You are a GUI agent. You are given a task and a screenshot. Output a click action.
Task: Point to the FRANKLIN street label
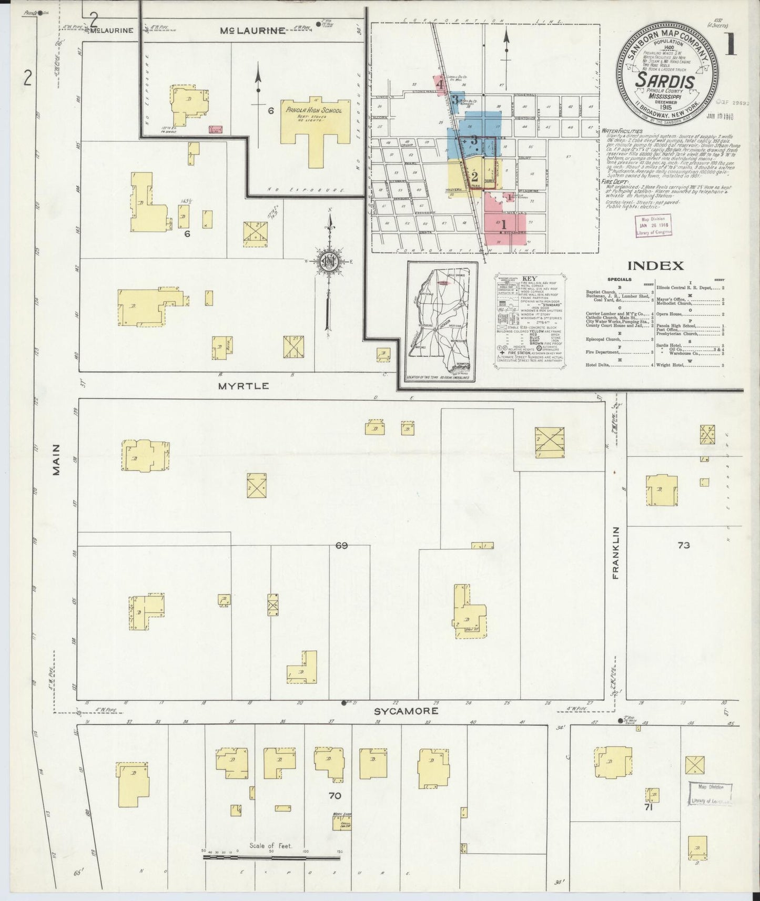pyautogui.click(x=616, y=552)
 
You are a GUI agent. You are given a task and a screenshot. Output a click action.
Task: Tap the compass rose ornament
pyautogui.click(x=329, y=260)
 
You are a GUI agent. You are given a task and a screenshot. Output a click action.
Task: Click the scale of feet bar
pyautogui.click(x=272, y=858)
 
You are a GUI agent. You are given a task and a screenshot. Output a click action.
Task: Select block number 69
pyautogui.click(x=341, y=546)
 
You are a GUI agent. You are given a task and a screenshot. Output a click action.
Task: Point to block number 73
pyautogui.click(x=683, y=545)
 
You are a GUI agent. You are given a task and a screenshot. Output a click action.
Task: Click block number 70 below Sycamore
pyautogui.click(x=335, y=795)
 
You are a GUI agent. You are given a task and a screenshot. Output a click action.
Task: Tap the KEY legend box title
pyautogui.click(x=529, y=278)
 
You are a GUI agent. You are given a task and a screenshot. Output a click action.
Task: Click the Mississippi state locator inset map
pyautogui.click(x=442, y=321)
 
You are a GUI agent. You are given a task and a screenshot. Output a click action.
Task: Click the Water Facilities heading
pyautogui.click(x=624, y=130)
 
